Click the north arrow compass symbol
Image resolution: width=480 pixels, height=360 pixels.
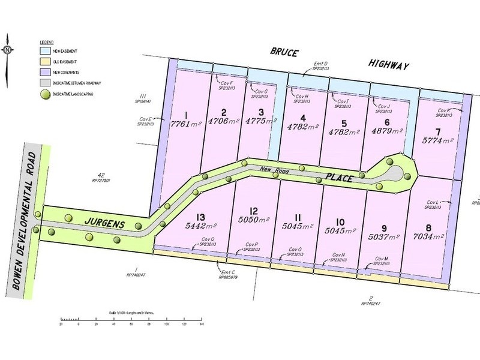pos(8,50)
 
